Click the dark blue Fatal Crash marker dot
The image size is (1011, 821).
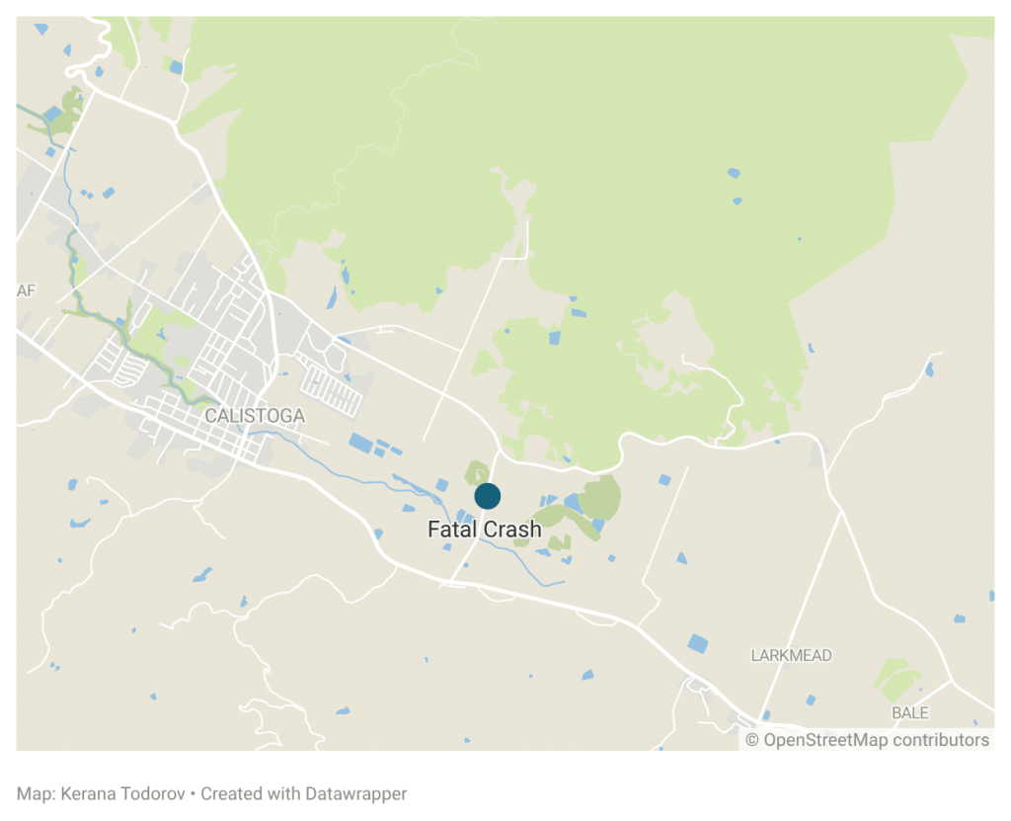click(x=487, y=496)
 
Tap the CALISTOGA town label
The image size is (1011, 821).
click(x=254, y=417)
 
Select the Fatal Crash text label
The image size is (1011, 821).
click(x=484, y=530)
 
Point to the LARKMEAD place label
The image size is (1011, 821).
click(x=791, y=655)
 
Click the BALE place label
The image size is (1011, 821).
click(x=909, y=712)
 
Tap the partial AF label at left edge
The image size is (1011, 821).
click(x=26, y=290)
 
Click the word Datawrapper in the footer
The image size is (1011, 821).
click(x=355, y=793)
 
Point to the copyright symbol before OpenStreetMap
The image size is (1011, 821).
click(x=752, y=740)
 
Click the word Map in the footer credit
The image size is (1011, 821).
click(x=32, y=793)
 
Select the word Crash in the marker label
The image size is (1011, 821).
click(x=513, y=530)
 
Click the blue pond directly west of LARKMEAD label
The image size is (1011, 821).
click(x=698, y=643)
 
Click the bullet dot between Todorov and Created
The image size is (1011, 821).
click(x=193, y=793)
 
